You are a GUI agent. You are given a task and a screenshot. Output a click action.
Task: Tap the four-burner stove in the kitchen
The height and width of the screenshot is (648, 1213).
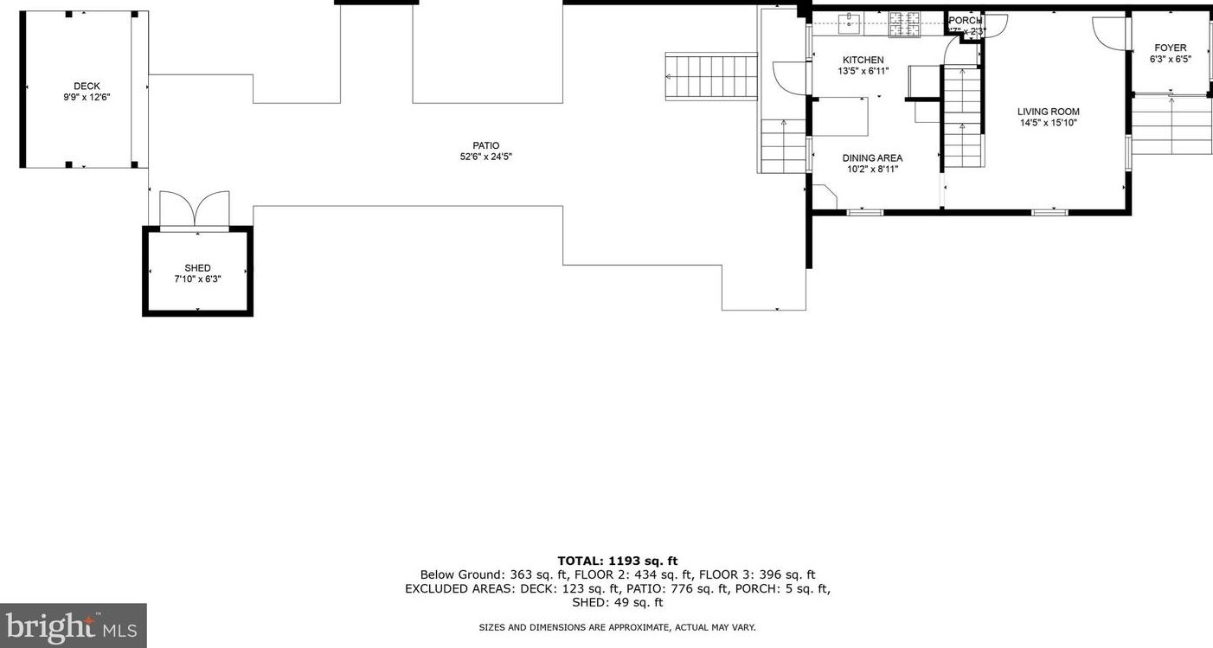905,26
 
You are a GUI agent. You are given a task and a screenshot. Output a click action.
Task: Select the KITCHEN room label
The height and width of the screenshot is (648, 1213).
863,60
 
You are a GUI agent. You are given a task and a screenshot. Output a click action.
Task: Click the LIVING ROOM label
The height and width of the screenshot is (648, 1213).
1048,112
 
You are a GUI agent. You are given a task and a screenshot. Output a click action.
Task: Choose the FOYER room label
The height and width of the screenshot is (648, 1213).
1170,48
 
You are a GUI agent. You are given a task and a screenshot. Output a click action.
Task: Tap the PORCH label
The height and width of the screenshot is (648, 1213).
965,21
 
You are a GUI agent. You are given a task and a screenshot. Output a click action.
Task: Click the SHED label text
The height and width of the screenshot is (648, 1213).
197,268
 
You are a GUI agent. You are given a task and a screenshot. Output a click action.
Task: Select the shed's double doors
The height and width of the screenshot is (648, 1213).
196,209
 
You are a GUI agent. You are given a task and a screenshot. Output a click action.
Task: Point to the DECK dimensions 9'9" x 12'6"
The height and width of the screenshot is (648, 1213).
86,98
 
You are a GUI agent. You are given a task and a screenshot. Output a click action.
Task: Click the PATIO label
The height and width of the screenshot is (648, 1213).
485,145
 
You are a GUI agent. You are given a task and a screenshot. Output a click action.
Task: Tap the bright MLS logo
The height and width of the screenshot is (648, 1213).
73,625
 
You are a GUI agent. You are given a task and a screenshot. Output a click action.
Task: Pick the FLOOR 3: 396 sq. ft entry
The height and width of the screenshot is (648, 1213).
757,574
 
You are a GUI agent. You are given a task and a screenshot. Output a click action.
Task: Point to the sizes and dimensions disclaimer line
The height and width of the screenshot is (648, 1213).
617,627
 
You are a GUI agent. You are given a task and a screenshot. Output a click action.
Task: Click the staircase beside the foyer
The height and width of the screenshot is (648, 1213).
1171,125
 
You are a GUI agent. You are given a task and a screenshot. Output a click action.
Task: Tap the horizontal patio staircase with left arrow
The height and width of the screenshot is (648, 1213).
711,76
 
